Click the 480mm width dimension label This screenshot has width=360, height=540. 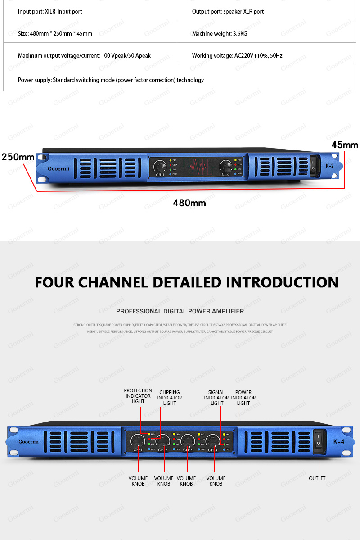[x=189, y=203]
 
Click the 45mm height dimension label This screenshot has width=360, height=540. [x=345, y=145]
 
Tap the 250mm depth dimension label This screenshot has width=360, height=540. [x=18, y=157]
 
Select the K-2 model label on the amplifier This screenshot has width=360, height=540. [x=329, y=166]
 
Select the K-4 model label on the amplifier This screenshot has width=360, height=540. [x=338, y=441]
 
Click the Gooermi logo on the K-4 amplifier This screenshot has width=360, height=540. [x=29, y=441]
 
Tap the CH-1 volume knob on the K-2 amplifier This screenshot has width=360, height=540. [x=160, y=167]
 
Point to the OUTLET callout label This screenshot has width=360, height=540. [x=317, y=478]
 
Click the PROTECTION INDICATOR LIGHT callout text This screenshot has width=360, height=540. [x=138, y=396]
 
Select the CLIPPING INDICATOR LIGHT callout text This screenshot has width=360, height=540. [x=170, y=398]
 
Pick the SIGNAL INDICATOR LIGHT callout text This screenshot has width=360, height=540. [x=216, y=398]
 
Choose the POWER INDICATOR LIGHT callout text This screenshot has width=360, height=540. [x=243, y=398]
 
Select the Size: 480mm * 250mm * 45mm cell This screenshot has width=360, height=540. [x=55, y=34]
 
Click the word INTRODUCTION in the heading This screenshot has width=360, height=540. [x=282, y=282]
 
